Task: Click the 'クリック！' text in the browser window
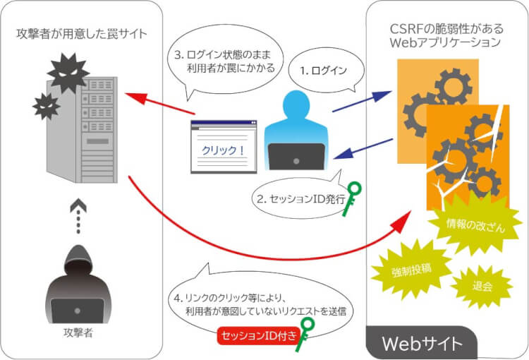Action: [221, 150]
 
